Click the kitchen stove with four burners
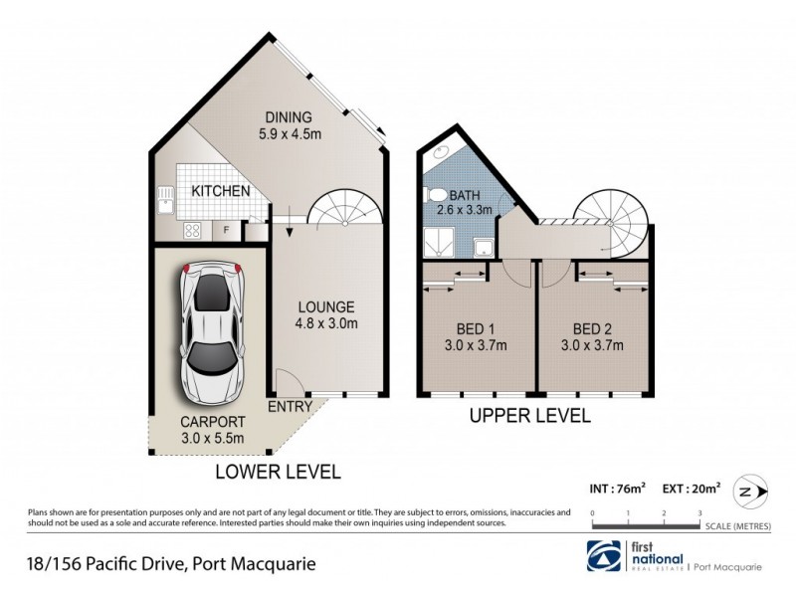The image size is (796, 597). click(x=193, y=231)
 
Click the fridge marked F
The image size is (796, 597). click(x=227, y=231)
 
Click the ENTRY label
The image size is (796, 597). click(x=290, y=407)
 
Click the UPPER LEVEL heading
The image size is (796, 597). click(x=530, y=415)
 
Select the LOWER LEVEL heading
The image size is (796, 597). click(x=279, y=471)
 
